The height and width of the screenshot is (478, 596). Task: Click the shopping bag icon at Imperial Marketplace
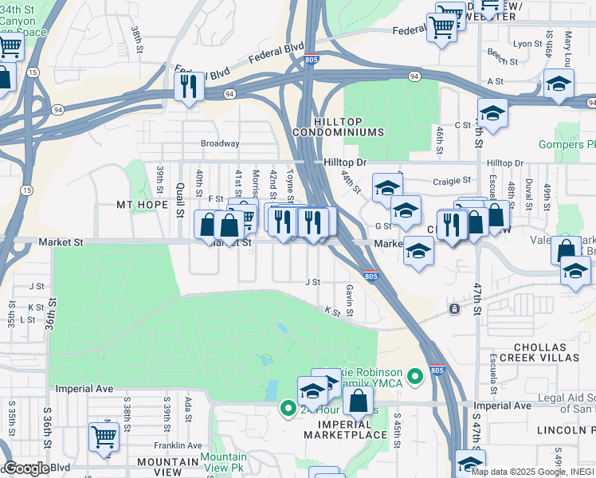pyautogui.click(x=359, y=401)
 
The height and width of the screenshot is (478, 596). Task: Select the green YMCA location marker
pyautogui.click(x=414, y=376)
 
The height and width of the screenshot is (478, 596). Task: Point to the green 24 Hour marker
pyautogui.click(x=288, y=409)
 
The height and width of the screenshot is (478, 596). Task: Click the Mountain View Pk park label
pyautogui.click(x=223, y=463)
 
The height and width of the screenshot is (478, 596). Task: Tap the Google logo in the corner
pyautogui.click(x=25, y=468)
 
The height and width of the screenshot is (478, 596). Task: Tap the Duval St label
pyautogui.click(x=529, y=194)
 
